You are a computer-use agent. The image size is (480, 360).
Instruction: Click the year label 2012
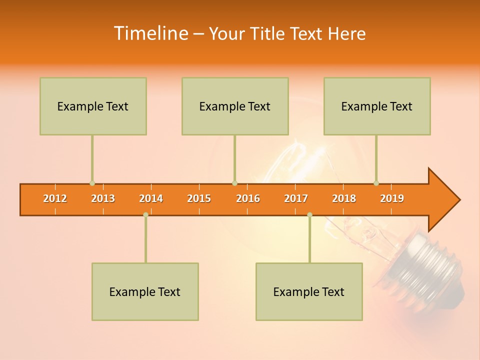(55, 198)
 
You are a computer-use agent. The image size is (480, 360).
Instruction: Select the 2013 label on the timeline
(103, 198)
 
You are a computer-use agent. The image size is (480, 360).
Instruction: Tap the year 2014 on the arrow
(151, 198)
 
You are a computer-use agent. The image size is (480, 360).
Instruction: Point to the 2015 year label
(199, 198)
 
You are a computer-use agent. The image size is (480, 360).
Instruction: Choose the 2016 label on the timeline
(248, 198)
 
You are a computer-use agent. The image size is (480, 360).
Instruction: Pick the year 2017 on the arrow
(296, 198)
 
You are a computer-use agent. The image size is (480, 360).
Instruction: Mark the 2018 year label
(344, 198)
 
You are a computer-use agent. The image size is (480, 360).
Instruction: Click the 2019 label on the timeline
(392, 198)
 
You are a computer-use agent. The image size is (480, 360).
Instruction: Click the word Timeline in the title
(150, 33)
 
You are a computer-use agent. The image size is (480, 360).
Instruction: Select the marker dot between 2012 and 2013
(92, 183)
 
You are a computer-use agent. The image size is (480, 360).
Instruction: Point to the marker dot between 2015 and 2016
(234, 183)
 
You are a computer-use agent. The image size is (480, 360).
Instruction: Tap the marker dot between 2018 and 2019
(376, 183)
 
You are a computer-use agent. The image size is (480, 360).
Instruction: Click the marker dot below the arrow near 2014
(145, 214)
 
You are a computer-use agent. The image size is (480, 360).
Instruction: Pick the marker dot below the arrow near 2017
(309, 214)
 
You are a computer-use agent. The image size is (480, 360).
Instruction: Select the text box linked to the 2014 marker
(145, 291)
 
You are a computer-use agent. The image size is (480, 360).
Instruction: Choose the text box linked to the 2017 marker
(309, 291)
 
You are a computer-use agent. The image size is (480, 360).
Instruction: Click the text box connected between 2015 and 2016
(235, 106)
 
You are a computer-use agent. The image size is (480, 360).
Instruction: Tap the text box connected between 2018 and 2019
(377, 106)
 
